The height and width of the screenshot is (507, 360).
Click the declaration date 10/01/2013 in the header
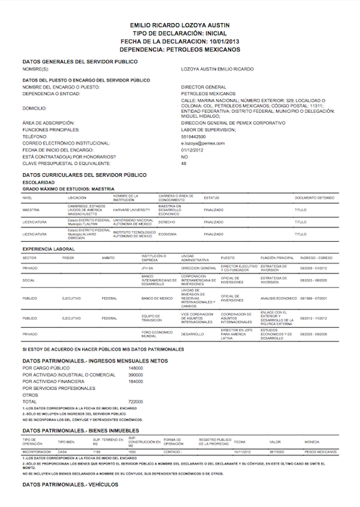pos(224,41)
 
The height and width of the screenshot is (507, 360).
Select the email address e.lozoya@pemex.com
pos(203,143)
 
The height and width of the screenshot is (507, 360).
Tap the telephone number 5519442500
pos(193,137)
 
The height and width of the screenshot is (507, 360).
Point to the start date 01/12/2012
pos(193,150)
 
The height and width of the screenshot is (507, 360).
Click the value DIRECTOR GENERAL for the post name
pos(204,87)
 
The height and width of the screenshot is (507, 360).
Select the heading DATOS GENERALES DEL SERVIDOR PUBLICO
pos(80,62)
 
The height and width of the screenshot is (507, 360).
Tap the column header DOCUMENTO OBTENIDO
pos(314,197)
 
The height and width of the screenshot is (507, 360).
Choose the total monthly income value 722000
pos(135,402)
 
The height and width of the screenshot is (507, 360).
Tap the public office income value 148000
pos(135,369)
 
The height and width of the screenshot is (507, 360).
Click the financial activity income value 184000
pos(135,382)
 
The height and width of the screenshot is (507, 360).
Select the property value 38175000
pos(277,451)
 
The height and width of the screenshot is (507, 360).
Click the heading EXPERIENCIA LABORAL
pos(49,249)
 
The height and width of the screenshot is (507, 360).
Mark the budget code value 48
pos(184,164)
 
